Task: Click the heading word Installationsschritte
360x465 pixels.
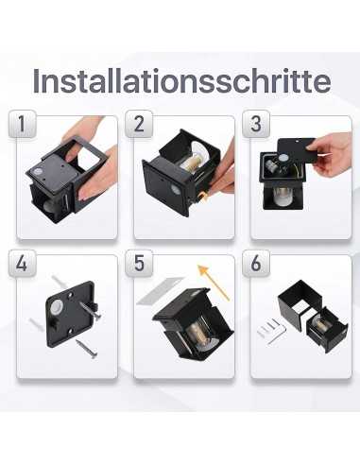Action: pyautogui.click(x=180, y=81)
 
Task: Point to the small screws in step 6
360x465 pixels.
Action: pyautogui.click(x=272, y=329)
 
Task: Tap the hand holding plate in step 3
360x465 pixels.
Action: pyautogui.click(x=333, y=151)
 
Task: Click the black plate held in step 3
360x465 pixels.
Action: pyautogui.click(x=295, y=151)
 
